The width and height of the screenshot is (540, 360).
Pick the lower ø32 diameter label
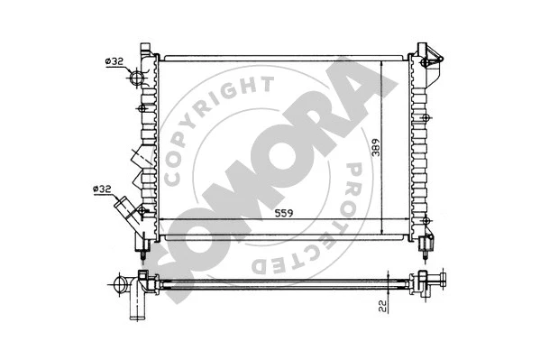102,189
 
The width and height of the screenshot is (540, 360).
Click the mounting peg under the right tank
427,243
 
